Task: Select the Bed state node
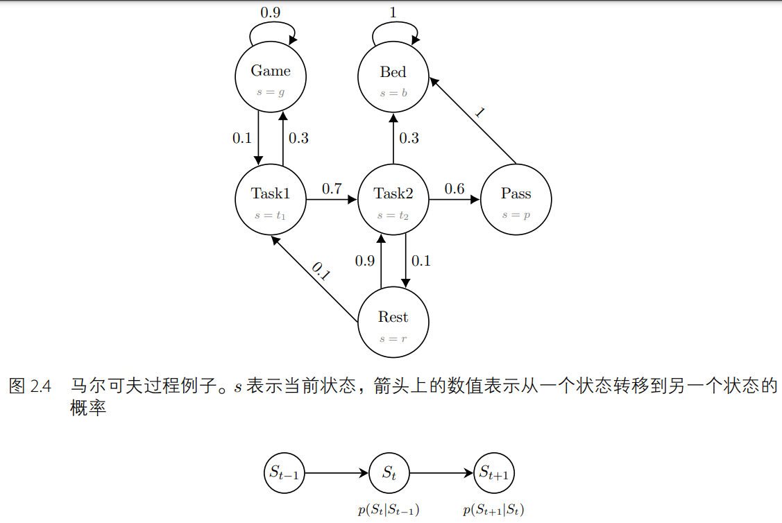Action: tap(393, 78)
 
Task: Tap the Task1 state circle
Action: tap(271, 200)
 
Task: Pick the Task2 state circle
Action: tap(393, 200)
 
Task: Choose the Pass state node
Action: tap(516, 200)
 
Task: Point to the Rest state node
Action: tap(393, 323)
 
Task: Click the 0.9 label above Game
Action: tap(271, 12)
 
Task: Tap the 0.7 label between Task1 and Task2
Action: tap(332, 189)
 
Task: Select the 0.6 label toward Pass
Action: tap(454, 189)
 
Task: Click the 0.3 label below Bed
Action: tap(409, 138)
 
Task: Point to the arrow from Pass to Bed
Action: tap(473, 121)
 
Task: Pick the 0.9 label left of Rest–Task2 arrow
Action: tap(365, 261)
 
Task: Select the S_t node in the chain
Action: tap(389, 474)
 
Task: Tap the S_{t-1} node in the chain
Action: tap(284, 474)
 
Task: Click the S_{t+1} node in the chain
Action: tap(493, 474)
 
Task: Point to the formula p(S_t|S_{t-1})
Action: tap(389, 511)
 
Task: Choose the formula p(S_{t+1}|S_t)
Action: tap(493, 511)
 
